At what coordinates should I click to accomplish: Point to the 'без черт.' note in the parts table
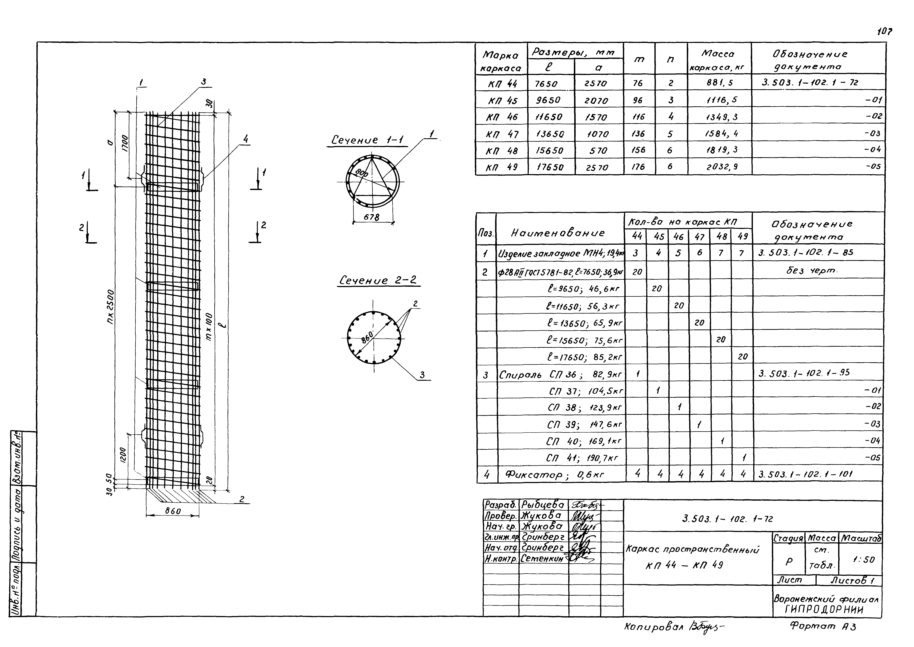click(x=812, y=271)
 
